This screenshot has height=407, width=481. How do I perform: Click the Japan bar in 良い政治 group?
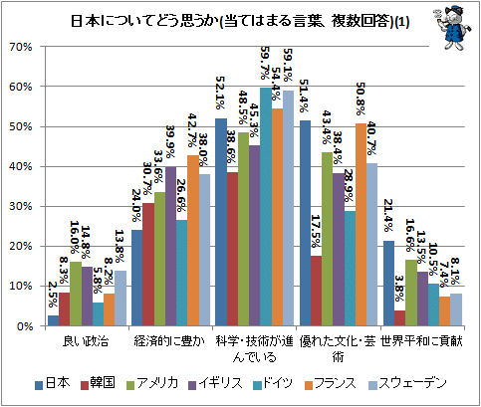pyautogui.click(x=54, y=320)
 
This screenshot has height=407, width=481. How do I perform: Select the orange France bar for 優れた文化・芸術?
pyautogui.click(x=361, y=225)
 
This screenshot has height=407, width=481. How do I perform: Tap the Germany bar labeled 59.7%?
pyautogui.click(x=266, y=207)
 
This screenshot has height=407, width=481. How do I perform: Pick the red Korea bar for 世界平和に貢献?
pyautogui.click(x=400, y=318)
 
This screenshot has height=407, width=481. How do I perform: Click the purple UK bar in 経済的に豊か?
pyautogui.click(x=170, y=246)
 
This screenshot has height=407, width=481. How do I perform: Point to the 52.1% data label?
pyautogui.click(x=220, y=93)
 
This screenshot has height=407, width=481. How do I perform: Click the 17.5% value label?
pyautogui.click(x=316, y=231)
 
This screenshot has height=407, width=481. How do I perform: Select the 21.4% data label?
pyautogui.click(x=388, y=216)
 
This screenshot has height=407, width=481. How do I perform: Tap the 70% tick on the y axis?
pyautogui.click(x=21, y=47)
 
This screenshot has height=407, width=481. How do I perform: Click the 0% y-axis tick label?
pyautogui.click(x=24, y=326)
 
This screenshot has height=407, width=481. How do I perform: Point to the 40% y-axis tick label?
pyautogui.click(x=21, y=166)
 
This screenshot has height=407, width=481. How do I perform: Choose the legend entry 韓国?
pyautogui.click(x=99, y=383)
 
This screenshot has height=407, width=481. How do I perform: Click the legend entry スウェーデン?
pyautogui.click(x=407, y=383)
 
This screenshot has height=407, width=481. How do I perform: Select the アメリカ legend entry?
pyautogui.click(x=152, y=383)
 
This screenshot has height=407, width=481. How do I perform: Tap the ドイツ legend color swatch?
pyautogui.click(x=257, y=385)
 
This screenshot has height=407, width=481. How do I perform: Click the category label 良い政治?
pyautogui.click(x=86, y=341)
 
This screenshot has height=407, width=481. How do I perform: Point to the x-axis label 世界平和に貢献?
pyautogui.click(x=421, y=341)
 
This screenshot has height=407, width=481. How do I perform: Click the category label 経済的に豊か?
pyautogui.click(x=169, y=341)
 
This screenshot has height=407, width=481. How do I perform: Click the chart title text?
pyautogui.click(x=240, y=22)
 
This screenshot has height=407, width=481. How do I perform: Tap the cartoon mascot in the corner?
pyautogui.click(x=453, y=28)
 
